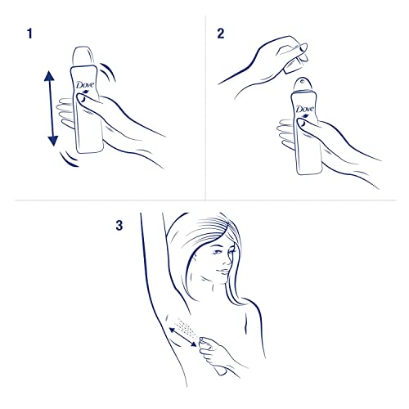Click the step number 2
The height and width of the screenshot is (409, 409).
coord(219,36)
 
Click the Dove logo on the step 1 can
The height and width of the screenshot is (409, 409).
coord(83,88)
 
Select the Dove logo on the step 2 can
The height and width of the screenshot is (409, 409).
coord(305,110)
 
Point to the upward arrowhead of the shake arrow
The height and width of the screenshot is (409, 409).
coord(49,76)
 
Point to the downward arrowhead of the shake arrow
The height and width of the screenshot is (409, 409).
coord(53,140)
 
